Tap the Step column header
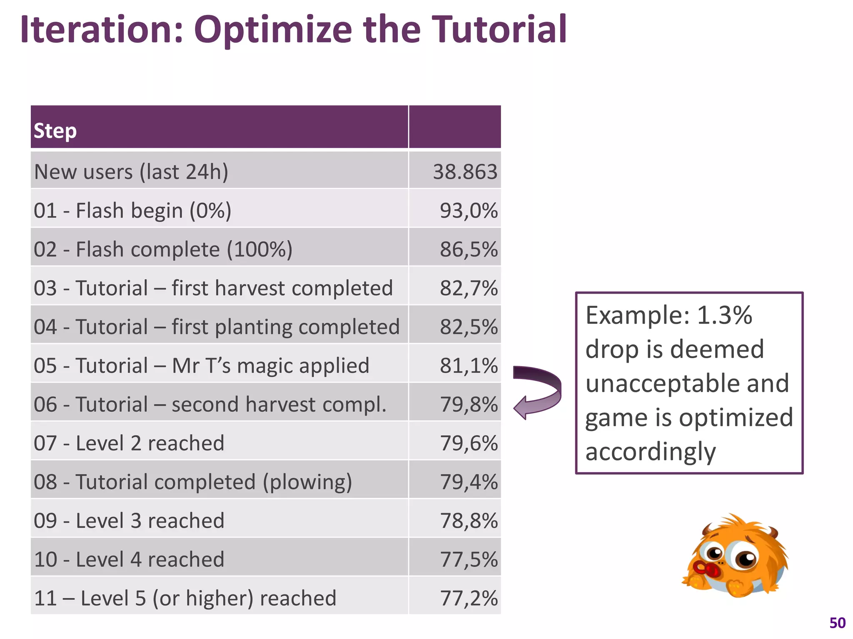[x=55, y=131]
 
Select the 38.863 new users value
[x=465, y=172]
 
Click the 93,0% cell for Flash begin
[x=469, y=211]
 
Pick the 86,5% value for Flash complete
[x=469, y=249]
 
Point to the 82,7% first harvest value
[x=469, y=288]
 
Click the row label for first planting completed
[x=217, y=327]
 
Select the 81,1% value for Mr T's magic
[x=469, y=366]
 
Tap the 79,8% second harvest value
[x=469, y=404]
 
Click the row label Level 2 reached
[x=129, y=443]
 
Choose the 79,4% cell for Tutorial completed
[x=469, y=482]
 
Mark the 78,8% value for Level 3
[x=469, y=520]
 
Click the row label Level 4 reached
[x=129, y=559]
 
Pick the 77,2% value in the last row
[x=469, y=598]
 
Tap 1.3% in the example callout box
[x=724, y=315]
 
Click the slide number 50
[x=837, y=623]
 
